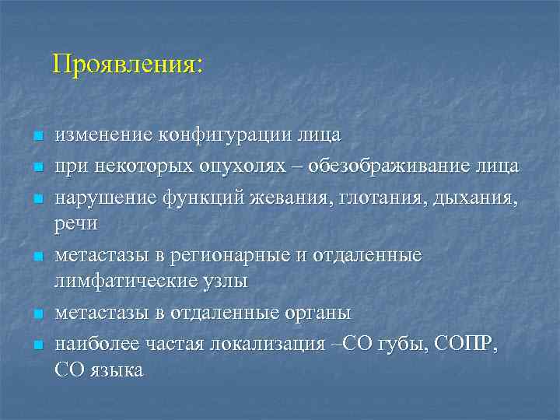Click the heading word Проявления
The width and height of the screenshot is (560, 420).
point(127,64)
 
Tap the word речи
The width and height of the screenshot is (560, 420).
point(75,224)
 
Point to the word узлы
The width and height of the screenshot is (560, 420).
point(225,281)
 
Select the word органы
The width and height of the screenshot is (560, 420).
point(314,313)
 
